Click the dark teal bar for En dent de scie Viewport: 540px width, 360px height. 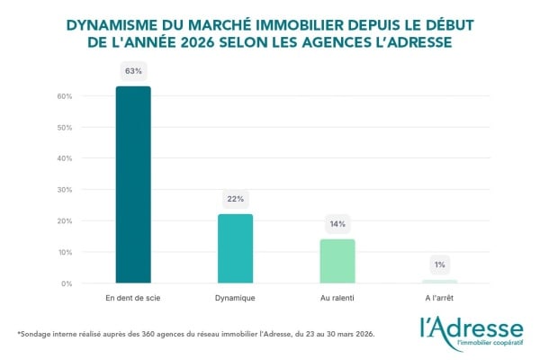(x=133, y=184)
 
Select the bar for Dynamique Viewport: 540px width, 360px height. (x=236, y=248)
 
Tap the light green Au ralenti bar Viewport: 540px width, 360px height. (x=337, y=261)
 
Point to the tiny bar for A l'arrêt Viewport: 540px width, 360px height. (x=440, y=282)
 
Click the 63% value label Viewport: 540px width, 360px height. (x=133, y=70)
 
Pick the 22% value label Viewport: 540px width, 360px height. (x=236, y=198)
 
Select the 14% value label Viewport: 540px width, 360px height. (x=337, y=223)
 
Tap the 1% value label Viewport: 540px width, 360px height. (x=440, y=265)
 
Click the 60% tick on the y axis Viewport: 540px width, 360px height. (x=65, y=96)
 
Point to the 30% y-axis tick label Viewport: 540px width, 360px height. (x=65, y=190)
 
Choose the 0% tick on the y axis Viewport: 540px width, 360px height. (x=67, y=283)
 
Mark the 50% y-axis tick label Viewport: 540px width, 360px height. (x=65, y=128)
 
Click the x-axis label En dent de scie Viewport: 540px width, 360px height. (x=133, y=296)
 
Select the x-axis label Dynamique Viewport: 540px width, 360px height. (x=236, y=296)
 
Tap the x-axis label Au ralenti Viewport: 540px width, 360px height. (x=337, y=296)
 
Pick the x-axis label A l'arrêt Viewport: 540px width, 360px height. (x=440, y=296)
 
